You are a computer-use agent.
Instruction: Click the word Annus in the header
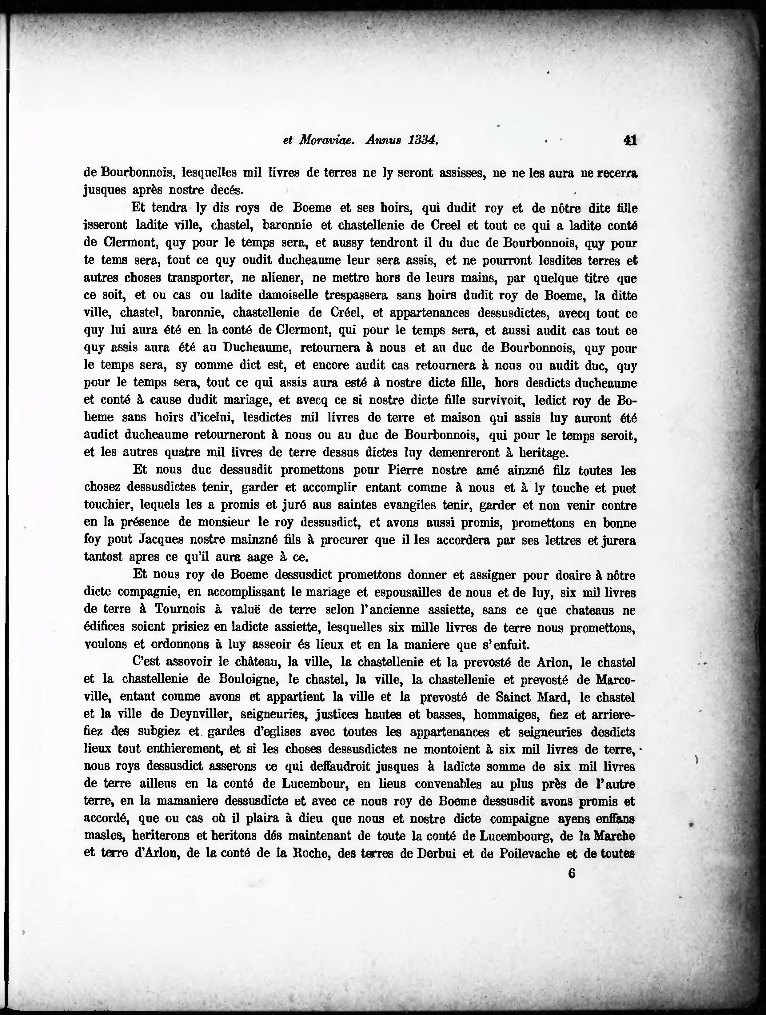pyautogui.click(x=382, y=140)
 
